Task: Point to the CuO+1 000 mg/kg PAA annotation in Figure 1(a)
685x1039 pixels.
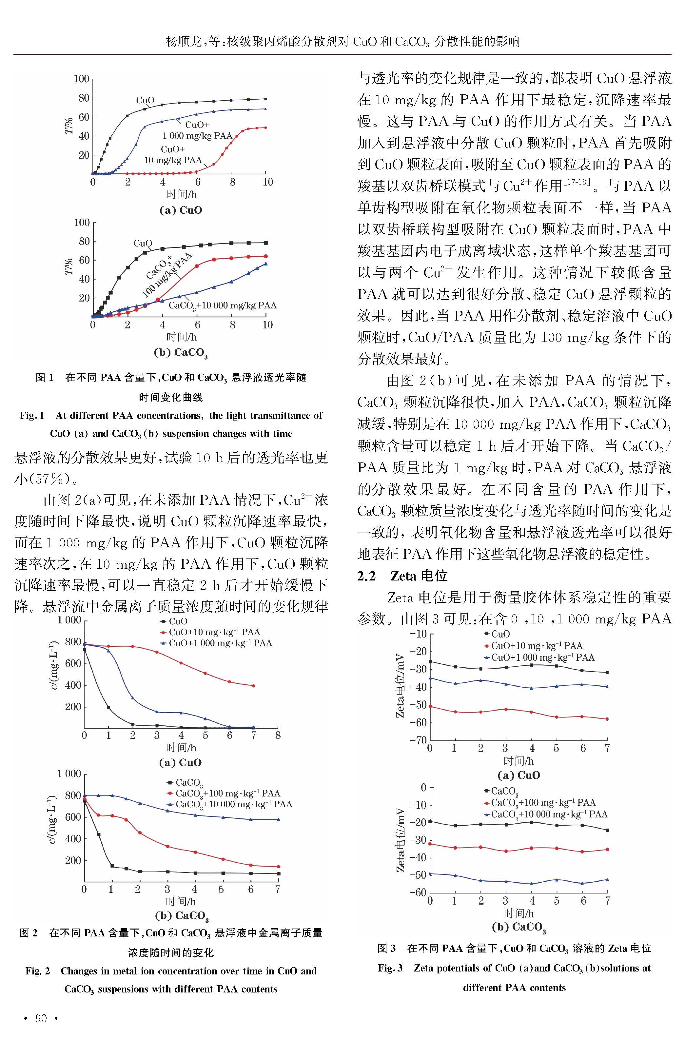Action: (x=197, y=130)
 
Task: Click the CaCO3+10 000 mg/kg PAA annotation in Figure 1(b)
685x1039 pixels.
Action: (x=222, y=305)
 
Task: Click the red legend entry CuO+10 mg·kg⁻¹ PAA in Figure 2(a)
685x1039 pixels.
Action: (x=210, y=632)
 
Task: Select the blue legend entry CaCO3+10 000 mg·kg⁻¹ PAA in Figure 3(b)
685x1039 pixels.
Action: (x=546, y=814)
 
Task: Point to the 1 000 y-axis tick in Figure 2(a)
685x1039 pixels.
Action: (x=69, y=620)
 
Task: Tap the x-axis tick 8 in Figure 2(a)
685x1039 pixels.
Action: (x=278, y=735)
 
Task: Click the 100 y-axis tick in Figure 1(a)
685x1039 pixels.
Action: (x=81, y=79)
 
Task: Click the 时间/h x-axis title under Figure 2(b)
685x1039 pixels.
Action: (x=180, y=901)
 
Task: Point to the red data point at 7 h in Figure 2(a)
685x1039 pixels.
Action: (x=253, y=686)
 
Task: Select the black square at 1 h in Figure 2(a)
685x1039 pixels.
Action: (x=108, y=707)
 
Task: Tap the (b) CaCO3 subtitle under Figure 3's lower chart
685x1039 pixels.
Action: (x=519, y=927)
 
